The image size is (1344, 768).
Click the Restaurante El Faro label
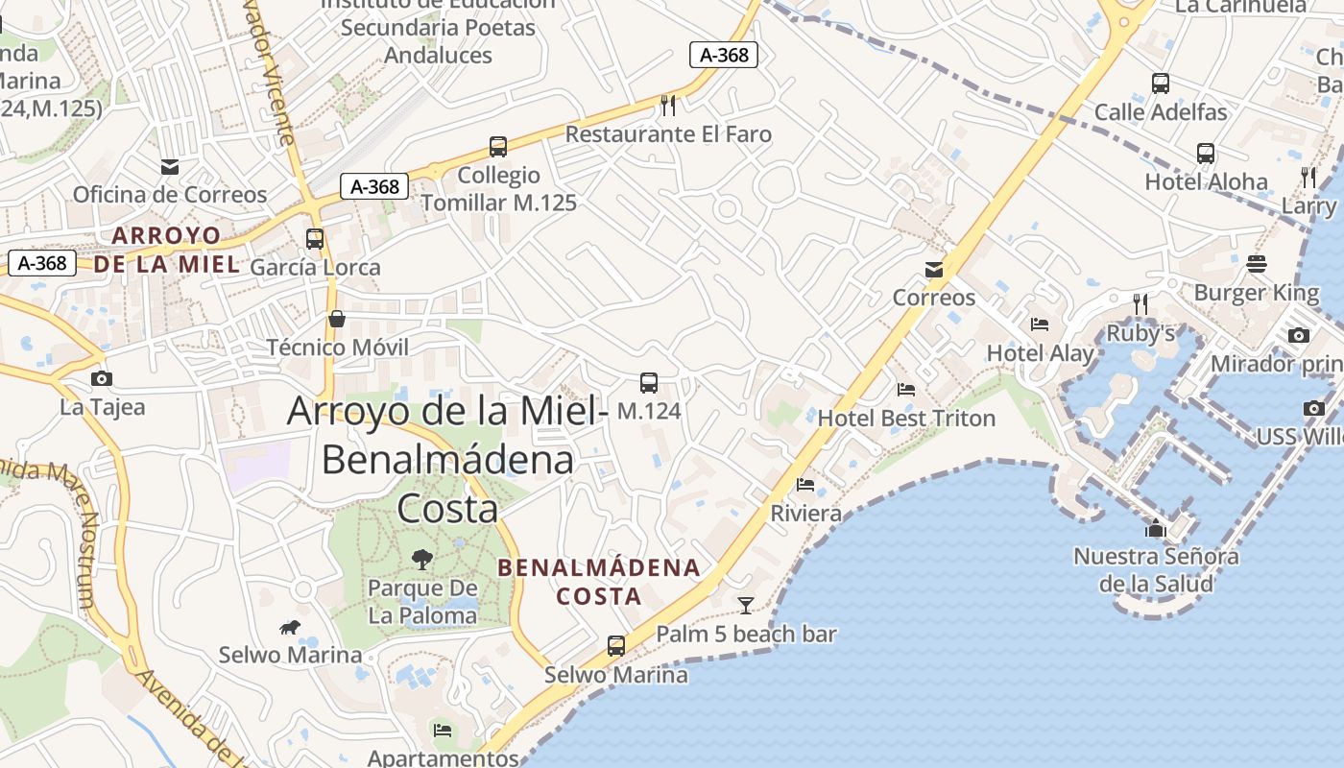pyautogui.click(x=668, y=134)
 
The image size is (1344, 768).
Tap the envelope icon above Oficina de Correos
pyautogui.click(x=170, y=167)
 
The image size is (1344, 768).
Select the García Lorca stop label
pyautogui.click(x=315, y=268)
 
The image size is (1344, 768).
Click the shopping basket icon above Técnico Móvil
pyautogui.click(x=337, y=319)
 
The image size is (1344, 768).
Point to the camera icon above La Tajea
pyautogui.click(x=102, y=379)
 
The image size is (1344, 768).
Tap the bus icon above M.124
pyautogui.click(x=649, y=383)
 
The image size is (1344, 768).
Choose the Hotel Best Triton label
pyautogui.click(x=906, y=419)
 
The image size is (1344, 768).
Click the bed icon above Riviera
pyautogui.click(x=805, y=485)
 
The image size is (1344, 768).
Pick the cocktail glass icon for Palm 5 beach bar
pyautogui.click(x=745, y=605)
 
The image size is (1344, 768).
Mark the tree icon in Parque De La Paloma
pyautogui.click(x=421, y=559)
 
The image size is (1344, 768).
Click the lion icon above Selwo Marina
pyautogui.click(x=289, y=628)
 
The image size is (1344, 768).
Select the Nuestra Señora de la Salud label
pyautogui.click(x=1156, y=569)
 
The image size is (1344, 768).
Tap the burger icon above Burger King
pyautogui.click(x=1257, y=264)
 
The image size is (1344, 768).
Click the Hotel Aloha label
pyautogui.click(x=1206, y=182)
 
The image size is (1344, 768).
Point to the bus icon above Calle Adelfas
pyautogui.click(x=1161, y=84)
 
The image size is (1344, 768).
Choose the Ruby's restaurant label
pyautogui.click(x=1140, y=333)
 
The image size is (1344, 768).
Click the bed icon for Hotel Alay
pyautogui.click(x=1040, y=324)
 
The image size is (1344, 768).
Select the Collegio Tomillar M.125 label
pyautogui.click(x=499, y=189)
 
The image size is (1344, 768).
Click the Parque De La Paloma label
pyautogui.click(x=422, y=602)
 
